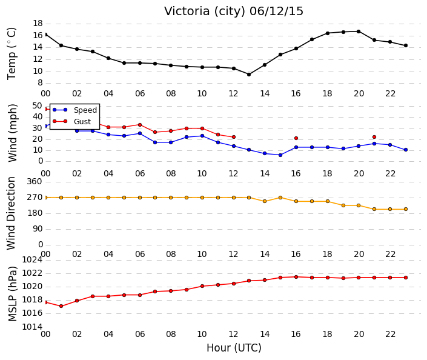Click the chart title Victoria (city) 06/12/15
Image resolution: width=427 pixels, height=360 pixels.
(x=233, y=11)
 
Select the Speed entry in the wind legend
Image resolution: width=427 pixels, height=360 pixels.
(x=85, y=110)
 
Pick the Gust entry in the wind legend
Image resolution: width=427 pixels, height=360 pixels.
(x=82, y=121)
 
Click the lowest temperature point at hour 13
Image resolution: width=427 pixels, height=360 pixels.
(x=249, y=75)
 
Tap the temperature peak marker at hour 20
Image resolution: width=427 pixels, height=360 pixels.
(x=359, y=32)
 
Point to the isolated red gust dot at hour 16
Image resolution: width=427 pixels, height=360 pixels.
(x=296, y=138)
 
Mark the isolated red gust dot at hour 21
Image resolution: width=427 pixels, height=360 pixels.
(x=374, y=137)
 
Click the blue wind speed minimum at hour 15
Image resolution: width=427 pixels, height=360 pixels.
(x=280, y=155)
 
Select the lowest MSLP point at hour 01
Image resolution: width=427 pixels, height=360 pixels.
(x=61, y=306)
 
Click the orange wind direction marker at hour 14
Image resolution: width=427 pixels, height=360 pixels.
(x=265, y=201)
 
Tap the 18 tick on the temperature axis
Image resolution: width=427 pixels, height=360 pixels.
(x=38, y=24)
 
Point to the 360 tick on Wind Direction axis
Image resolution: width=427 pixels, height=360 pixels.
(x=35, y=181)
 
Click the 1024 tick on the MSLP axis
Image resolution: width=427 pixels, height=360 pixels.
(x=32, y=259)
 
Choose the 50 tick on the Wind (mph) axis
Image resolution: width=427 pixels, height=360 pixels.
(x=38, y=105)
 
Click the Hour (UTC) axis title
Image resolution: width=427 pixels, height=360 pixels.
(x=234, y=348)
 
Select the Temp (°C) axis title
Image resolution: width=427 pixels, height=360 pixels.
(x=12, y=54)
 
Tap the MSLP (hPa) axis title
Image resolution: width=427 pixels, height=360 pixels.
(x=12, y=294)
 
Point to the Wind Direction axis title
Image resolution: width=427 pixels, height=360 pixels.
(x=11, y=213)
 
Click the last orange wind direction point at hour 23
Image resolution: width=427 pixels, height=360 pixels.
(x=406, y=209)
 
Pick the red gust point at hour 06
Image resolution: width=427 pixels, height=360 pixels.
(x=140, y=125)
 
